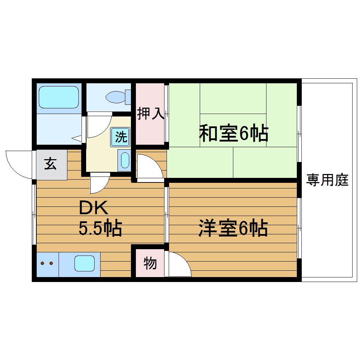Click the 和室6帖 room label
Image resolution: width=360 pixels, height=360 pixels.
(233, 134)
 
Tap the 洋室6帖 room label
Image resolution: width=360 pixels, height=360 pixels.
(233, 228)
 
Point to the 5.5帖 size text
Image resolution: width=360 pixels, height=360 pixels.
(100, 228)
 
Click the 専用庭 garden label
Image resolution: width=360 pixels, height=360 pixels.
(327, 180)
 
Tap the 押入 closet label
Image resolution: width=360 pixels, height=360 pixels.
(150, 114)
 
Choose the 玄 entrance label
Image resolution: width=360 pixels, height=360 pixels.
(50, 164)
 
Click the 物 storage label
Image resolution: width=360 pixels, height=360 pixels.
(150, 263)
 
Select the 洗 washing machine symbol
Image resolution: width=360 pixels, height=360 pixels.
(121, 137)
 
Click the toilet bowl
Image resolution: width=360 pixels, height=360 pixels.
(115, 96)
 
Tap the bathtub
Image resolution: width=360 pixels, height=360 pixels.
(59, 97)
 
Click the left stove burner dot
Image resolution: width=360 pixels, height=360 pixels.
(43, 263)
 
